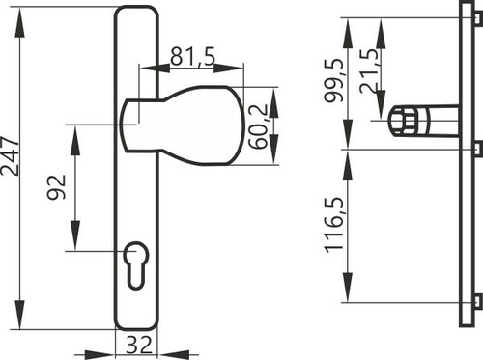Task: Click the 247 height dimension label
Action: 10,156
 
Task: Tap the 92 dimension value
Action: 57,187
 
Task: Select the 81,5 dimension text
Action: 192,56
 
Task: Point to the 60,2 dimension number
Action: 259,126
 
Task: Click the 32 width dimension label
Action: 139,345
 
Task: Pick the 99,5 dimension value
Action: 334,80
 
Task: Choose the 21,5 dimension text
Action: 370,71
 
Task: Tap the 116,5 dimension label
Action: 334,225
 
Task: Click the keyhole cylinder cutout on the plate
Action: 135,265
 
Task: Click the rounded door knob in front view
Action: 182,125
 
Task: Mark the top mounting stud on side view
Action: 479,18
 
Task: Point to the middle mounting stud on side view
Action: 479,148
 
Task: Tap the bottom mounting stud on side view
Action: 479,301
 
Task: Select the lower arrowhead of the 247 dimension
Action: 20,315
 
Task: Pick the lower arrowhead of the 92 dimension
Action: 75,235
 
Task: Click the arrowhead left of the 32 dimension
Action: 99,355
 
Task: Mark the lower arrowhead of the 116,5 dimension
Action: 347,287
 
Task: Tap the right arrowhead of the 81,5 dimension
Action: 229,68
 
